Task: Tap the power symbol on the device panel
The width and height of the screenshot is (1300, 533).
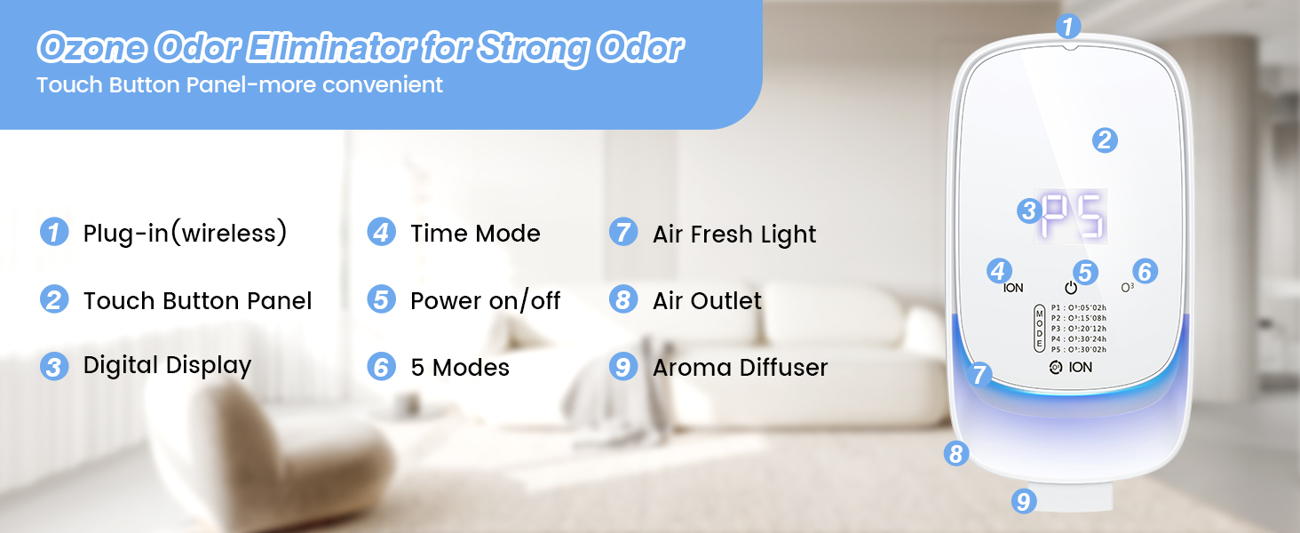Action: click(1071, 288)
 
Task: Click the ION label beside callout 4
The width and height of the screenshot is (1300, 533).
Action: click(1013, 288)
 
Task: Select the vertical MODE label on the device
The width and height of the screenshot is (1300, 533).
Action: click(1040, 329)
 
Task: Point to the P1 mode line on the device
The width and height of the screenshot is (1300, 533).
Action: click(1079, 307)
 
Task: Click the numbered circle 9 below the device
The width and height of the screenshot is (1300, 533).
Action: click(1024, 502)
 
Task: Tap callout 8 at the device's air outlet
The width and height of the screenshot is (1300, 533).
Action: click(955, 455)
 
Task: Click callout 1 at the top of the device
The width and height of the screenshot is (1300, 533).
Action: click(1069, 25)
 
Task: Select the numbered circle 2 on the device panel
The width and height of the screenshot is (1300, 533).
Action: click(1104, 139)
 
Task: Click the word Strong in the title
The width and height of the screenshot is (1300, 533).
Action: click(533, 49)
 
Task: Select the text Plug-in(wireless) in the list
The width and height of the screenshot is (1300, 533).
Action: click(185, 234)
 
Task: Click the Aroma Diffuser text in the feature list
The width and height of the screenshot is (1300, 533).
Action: click(740, 368)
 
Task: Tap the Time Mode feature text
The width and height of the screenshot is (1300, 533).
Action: click(475, 234)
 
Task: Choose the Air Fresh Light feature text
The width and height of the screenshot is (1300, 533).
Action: click(734, 235)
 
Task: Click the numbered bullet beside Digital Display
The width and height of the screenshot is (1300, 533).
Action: click(54, 367)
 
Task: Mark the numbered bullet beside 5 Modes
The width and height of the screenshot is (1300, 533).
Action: click(381, 367)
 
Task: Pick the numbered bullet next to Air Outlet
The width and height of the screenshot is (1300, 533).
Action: click(622, 300)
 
